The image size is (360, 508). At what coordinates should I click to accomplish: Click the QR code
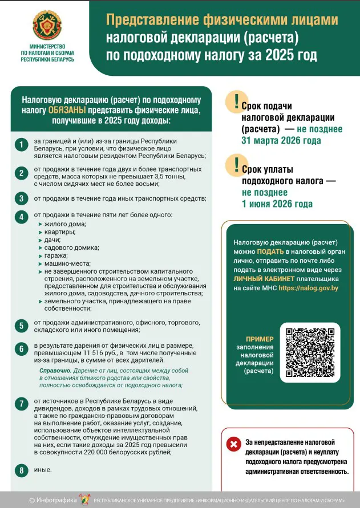[309, 352]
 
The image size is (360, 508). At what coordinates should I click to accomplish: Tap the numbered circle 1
[21, 145]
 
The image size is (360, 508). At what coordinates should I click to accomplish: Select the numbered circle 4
[21, 217]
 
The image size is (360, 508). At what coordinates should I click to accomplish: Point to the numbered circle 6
[21, 349]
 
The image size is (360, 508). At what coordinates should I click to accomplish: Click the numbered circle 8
[21, 470]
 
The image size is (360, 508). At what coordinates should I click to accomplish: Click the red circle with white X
[233, 444]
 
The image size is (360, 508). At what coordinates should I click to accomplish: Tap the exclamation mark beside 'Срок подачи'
[236, 101]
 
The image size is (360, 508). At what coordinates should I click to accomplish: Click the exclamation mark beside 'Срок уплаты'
[236, 164]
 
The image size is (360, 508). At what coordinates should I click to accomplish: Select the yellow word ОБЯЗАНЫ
[67, 109]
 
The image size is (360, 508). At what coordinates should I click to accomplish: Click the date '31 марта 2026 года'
[281, 140]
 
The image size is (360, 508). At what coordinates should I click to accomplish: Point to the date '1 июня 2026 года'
[277, 204]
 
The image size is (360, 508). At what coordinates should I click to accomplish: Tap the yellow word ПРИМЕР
[260, 339]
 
